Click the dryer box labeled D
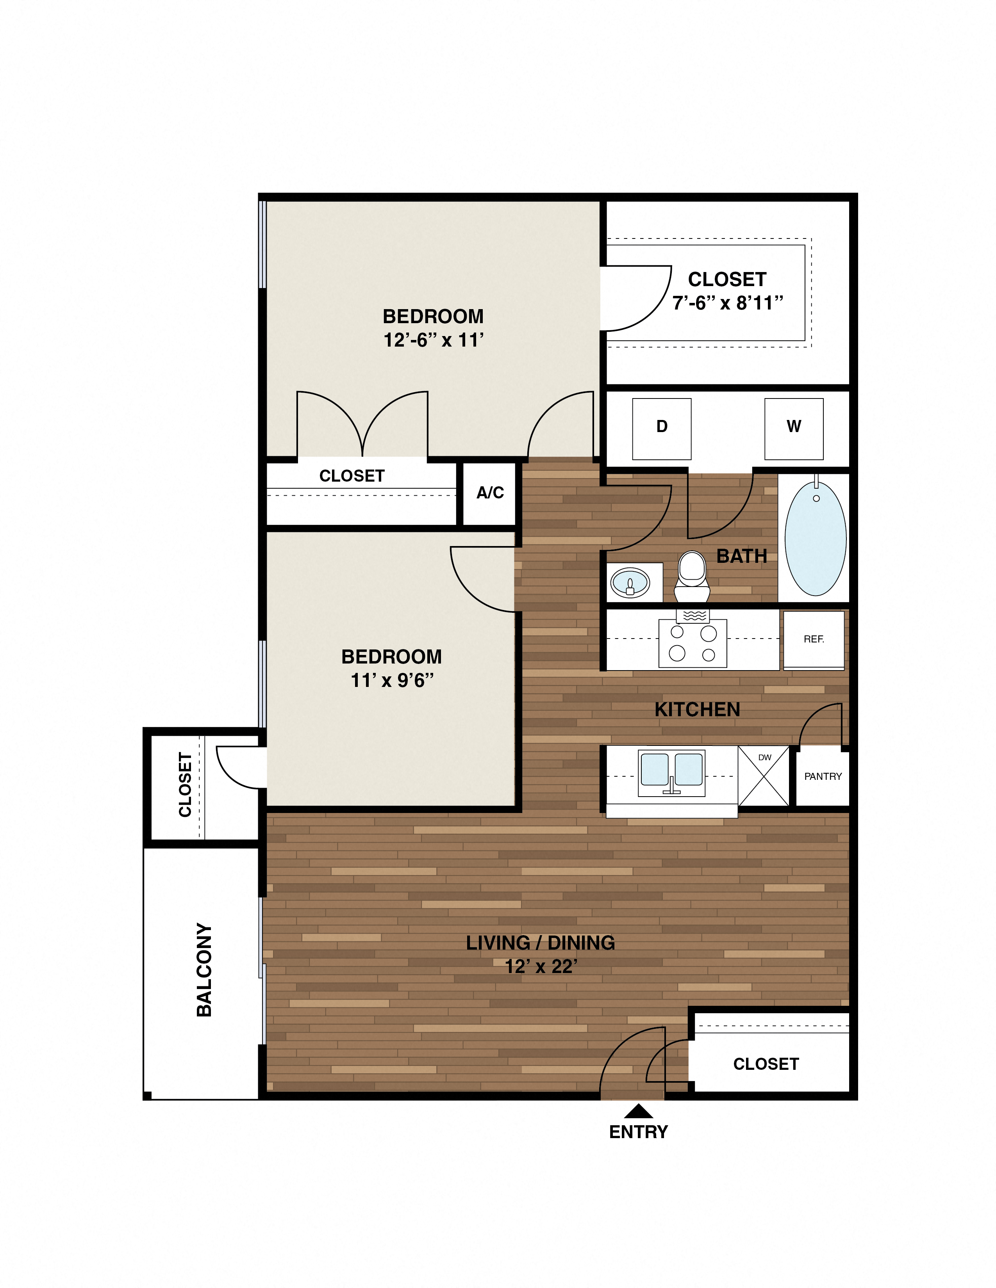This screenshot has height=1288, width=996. tap(661, 429)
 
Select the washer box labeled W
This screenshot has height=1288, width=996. tap(794, 429)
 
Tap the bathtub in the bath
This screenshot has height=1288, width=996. tap(816, 538)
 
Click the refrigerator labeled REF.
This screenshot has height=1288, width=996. tap(814, 639)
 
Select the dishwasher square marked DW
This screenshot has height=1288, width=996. tap(764, 776)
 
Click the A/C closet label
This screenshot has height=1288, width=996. tap(490, 493)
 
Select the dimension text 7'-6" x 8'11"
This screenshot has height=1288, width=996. tap(728, 303)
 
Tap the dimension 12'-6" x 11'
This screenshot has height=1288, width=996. tap(433, 340)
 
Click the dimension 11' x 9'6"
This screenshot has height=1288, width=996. tap(392, 681)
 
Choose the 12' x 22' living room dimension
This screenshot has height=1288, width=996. tap(541, 967)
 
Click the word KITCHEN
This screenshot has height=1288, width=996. tap(697, 710)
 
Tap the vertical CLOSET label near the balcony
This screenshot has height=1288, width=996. tap(185, 785)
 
